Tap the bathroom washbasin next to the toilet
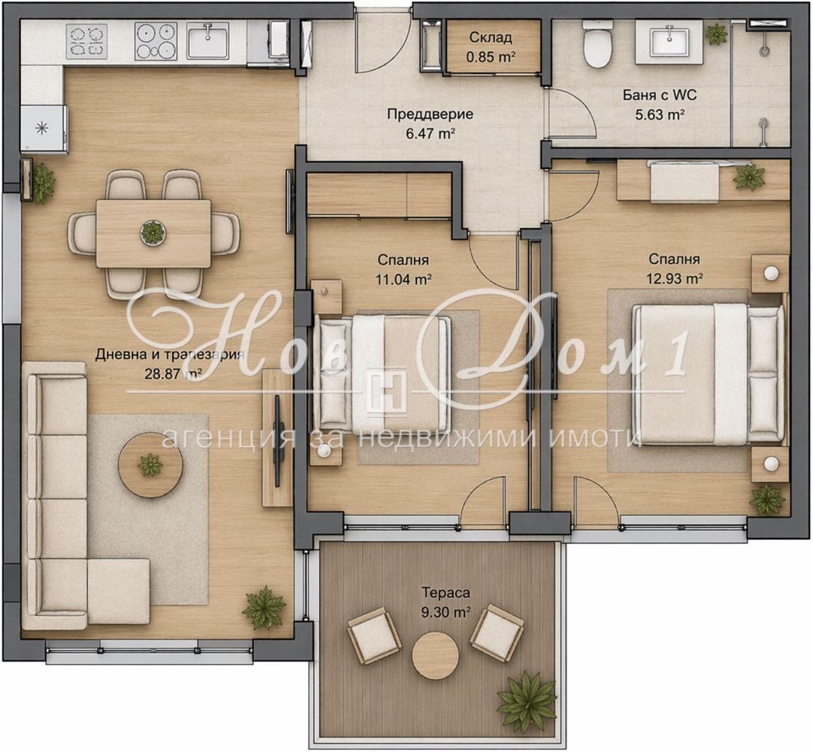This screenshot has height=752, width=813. coord(669,39)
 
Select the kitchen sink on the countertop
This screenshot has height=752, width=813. coord(208,41)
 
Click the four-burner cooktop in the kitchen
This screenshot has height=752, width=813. coord(156,41)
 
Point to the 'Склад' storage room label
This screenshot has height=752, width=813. coord(491,38)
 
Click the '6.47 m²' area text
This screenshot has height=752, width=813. coord(431,133)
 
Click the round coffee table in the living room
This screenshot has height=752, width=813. coord(150,465)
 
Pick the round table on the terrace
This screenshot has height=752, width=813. coord(435,655)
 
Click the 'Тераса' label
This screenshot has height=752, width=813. coord(446,593)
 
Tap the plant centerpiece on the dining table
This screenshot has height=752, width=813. coord(153,232)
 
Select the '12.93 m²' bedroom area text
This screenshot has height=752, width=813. coord(674,279)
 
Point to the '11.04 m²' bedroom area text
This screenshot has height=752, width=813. coord(404,280)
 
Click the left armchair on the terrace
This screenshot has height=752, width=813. coord(374,635)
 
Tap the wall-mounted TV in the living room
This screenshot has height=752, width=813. coord(277,441)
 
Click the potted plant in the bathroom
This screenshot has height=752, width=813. coord(717,34)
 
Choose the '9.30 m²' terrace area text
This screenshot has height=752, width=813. coord(446,612)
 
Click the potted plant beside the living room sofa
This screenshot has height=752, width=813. coord(264,607)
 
